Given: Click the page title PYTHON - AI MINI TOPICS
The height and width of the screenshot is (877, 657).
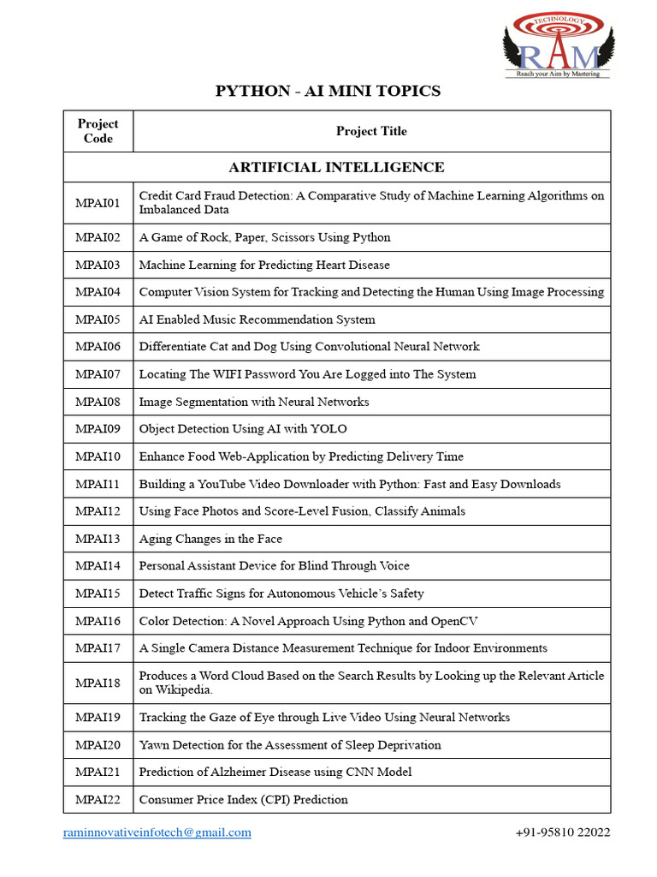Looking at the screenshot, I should click(328, 91).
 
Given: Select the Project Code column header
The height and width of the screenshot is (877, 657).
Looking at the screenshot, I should click(98, 131).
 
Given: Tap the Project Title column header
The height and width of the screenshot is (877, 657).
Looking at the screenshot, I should click(371, 131).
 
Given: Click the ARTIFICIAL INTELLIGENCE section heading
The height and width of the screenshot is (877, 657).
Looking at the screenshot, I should click(337, 167).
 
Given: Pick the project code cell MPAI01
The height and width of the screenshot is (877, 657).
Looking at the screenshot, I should click(98, 202).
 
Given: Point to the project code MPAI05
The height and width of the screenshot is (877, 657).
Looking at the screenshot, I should click(98, 319).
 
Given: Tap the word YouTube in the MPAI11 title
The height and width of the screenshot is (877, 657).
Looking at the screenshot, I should click(224, 484).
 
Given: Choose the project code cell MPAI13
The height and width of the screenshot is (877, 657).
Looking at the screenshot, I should click(98, 539).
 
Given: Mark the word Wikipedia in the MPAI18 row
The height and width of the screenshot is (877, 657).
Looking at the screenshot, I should click(185, 689).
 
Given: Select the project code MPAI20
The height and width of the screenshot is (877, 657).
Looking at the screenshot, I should click(98, 745).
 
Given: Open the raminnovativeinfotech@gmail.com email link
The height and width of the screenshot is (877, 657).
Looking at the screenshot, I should click(157, 832).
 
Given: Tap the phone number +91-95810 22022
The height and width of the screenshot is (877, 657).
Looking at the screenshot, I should click(562, 832).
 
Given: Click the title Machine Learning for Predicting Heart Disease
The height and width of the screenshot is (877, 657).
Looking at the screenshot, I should click(264, 265).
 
